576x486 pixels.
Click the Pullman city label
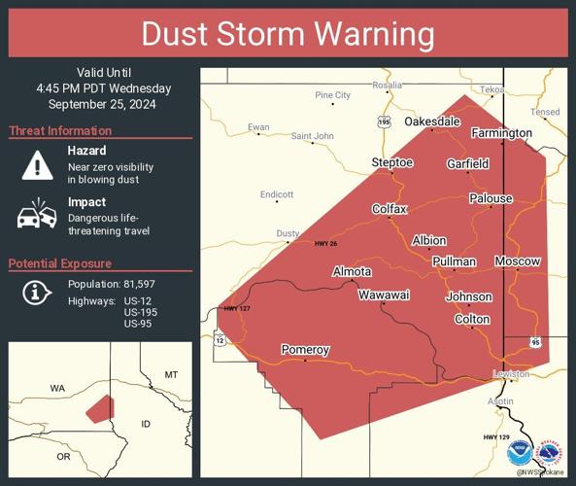[x=454, y=261]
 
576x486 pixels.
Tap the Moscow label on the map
[x=517, y=261]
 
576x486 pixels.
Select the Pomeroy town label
[x=305, y=349]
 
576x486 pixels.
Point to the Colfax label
[x=390, y=209]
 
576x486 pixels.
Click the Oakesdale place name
[x=431, y=121]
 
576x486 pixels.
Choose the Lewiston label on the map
[x=511, y=373]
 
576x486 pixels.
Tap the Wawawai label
[x=381, y=294]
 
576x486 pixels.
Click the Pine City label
[x=332, y=95]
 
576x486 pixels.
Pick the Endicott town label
[x=277, y=194]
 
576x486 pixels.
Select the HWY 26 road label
[x=324, y=243]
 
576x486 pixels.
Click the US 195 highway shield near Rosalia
[x=384, y=121]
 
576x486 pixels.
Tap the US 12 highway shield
[x=220, y=340]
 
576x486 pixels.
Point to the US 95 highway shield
[x=535, y=342]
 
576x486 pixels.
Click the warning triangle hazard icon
[x=37, y=166]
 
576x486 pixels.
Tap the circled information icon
[x=36, y=292]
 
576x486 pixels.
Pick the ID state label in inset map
[x=147, y=424]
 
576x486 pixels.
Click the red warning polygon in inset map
[x=98, y=408]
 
